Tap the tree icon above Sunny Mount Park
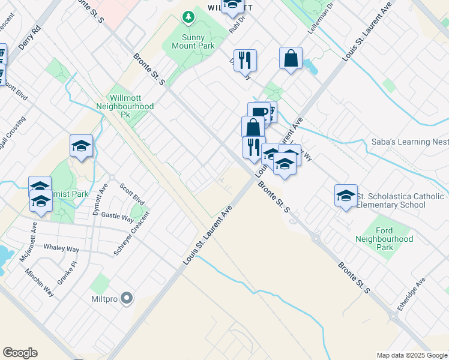[189, 17]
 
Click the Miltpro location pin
[126, 298]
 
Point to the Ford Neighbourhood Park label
[393, 239]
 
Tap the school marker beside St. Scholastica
[346, 196]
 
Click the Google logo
[20, 353]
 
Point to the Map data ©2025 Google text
[411, 355]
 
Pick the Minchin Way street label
[40, 282]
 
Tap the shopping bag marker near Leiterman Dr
[291, 59]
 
